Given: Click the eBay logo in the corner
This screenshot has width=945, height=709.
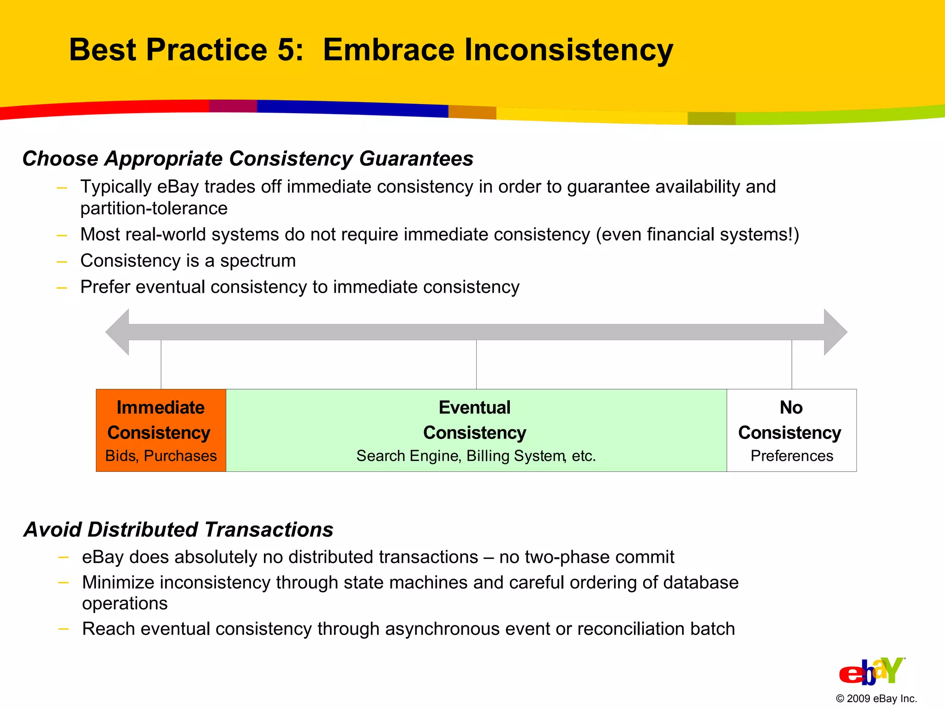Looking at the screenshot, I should click(x=871, y=671).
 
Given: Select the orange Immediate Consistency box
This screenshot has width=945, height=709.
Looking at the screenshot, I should click(x=161, y=430).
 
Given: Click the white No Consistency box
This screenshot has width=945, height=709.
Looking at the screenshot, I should click(x=791, y=430).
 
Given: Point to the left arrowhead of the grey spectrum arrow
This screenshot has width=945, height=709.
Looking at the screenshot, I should click(x=118, y=332).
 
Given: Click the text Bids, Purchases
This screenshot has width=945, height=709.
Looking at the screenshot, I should click(x=161, y=456).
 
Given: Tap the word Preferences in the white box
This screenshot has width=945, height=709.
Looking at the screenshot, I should click(x=791, y=456).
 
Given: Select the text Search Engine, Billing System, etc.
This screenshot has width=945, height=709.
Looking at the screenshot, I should click(x=476, y=456).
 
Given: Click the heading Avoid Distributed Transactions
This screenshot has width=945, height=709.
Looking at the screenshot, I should click(x=179, y=529).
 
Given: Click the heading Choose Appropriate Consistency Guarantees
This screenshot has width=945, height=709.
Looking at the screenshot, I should click(x=248, y=159).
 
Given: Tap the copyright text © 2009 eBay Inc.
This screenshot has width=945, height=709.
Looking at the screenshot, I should click(x=876, y=698).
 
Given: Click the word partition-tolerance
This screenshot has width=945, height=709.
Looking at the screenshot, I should click(x=154, y=209).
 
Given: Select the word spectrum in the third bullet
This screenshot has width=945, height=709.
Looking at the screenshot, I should click(x=257, y=261).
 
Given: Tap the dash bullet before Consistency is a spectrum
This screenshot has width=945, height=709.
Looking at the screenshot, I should click(x=62, y=261).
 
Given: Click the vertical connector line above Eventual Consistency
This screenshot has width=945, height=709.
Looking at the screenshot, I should click(x=476, y=365).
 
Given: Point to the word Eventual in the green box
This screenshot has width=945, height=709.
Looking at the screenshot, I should click(x=474, y=408).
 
